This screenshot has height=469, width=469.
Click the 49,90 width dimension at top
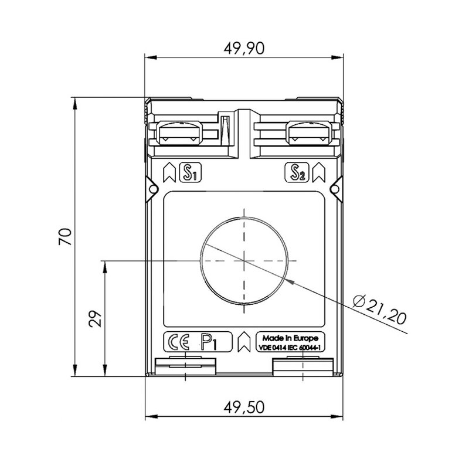click(244, 48)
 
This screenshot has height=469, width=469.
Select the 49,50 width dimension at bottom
click(244, 407)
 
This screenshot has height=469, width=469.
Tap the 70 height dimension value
click(65, 237)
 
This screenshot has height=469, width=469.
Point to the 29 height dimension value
click(96, 319)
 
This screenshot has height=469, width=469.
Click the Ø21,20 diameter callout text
click(380, 310)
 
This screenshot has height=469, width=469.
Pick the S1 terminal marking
click(190, 172)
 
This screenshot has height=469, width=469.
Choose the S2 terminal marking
click(297, 172)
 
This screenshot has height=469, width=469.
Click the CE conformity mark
click(179, 342)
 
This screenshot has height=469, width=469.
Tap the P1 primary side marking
click(209, 342)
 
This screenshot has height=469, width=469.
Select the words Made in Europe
click(290, 338)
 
